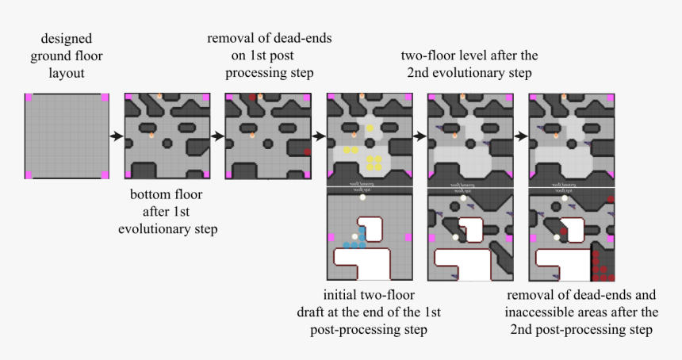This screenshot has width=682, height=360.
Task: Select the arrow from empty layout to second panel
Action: click(x=116, y=136)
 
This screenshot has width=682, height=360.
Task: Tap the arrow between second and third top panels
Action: click(x=216, y=136)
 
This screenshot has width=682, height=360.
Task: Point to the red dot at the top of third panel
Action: click(x=253, y=97)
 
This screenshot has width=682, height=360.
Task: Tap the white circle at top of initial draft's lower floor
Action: click(x=362, y=197)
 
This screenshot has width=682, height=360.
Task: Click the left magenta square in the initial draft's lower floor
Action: click(x=331, y=237)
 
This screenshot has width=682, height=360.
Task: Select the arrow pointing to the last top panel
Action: click(x=520, y=136)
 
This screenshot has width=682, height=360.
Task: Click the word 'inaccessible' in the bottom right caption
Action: click(x=541, y=312)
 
